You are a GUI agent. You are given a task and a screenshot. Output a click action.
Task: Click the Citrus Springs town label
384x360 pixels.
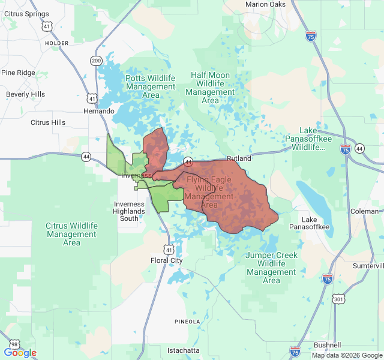[26, 14]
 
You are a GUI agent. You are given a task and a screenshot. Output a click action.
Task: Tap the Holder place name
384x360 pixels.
[56, 44]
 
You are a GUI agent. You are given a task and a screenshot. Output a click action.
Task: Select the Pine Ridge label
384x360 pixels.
[19, 73]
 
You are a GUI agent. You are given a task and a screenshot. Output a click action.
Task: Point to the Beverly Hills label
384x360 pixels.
[25, 94]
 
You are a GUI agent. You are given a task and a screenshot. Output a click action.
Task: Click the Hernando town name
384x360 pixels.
[98, 111]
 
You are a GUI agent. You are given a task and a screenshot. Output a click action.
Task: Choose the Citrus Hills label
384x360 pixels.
[48, 122]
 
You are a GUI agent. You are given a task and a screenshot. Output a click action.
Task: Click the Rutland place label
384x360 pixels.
[239, 158]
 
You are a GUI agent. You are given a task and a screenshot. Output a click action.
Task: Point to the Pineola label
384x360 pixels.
[187, 322]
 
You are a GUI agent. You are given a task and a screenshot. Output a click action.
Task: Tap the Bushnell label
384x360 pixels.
[327, 345]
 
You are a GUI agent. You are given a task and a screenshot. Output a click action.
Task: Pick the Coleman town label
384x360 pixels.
[364, 211]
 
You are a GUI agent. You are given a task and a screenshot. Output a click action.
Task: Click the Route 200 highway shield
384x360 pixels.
[97, 61]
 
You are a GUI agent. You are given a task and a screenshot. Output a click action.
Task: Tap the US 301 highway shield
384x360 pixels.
[339, 299]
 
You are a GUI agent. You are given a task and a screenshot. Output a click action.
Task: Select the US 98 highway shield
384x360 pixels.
[13, 344]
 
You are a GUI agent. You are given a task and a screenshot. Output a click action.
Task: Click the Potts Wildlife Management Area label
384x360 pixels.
[151, 86]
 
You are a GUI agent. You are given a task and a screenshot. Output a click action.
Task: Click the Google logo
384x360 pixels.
[20, 353]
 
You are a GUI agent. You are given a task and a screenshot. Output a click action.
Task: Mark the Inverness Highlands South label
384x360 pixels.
[129, 211]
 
